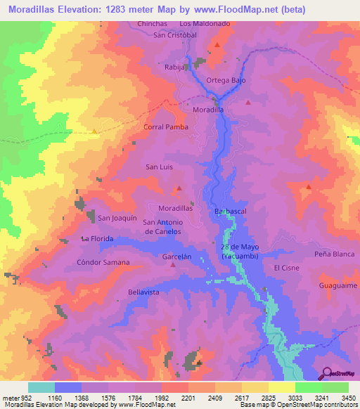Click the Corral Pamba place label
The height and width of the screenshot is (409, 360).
pos(165,127)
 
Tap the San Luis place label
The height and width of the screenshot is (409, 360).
pos(159,167)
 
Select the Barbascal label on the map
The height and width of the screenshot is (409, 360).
pos(229,211)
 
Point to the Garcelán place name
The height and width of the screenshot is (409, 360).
pos(177,257)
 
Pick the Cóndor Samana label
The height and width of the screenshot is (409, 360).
pos(103,262)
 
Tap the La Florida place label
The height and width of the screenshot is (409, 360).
pos(97,239)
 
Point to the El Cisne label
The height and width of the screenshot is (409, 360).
pos(288,268)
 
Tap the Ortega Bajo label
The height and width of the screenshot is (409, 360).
pos(225,80)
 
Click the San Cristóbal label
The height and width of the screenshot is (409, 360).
pos(174,35)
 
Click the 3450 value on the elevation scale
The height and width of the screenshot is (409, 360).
pos(349,397)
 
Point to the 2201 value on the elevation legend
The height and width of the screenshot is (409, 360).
pos(188,397)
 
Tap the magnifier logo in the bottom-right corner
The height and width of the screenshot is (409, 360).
pos(328,373)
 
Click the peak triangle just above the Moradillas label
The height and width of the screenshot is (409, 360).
pos(179,188)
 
